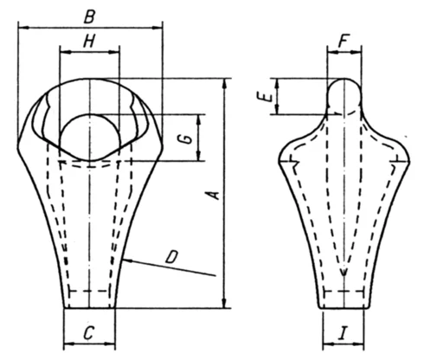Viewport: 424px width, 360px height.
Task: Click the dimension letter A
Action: pos(211,197)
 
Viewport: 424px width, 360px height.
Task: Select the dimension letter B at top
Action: pos(88,16)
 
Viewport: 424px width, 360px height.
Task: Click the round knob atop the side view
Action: pos(344,93)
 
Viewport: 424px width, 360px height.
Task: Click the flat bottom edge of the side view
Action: pos(344,307)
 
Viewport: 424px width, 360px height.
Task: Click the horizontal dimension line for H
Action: pos(88,52)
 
